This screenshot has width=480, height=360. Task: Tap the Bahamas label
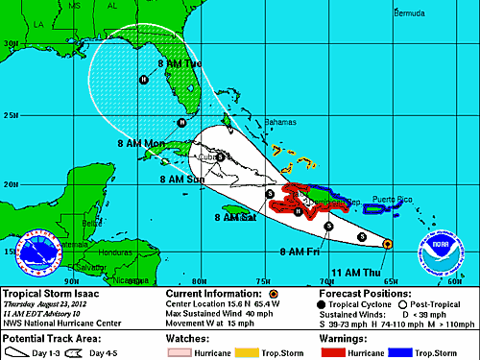click(282, 124)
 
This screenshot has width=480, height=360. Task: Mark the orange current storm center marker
click(386, 245)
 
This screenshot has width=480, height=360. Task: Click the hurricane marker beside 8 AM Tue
click(144, 80)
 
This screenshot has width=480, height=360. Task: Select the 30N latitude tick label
click(12, 44)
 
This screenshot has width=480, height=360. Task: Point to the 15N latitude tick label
click(12, 252)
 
